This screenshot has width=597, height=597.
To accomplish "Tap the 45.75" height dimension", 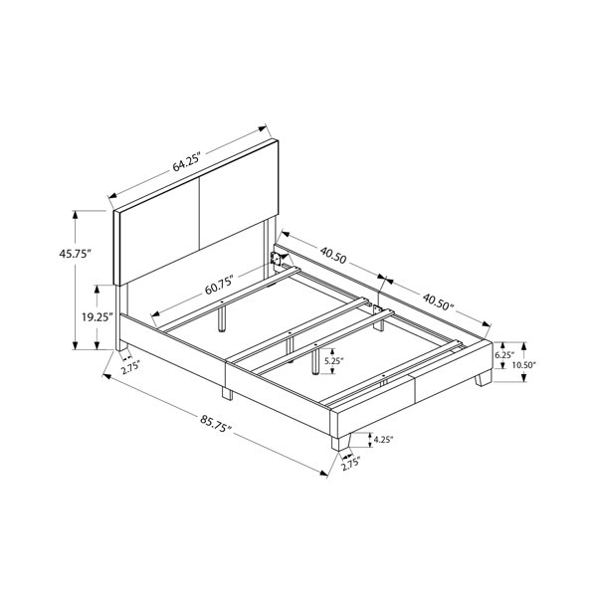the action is (x=76, y=254).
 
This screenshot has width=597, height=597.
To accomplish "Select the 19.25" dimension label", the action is (x=98, y=316).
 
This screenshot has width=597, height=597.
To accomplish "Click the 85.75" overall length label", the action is (x=216, y=423).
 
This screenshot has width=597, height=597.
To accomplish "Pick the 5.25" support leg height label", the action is (x=334, y=361).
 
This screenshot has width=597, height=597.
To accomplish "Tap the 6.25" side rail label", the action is (x=504, y=355).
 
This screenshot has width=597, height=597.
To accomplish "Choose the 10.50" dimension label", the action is (x=523, y=365).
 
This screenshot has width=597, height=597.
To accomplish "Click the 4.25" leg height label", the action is (x=383, y=440).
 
